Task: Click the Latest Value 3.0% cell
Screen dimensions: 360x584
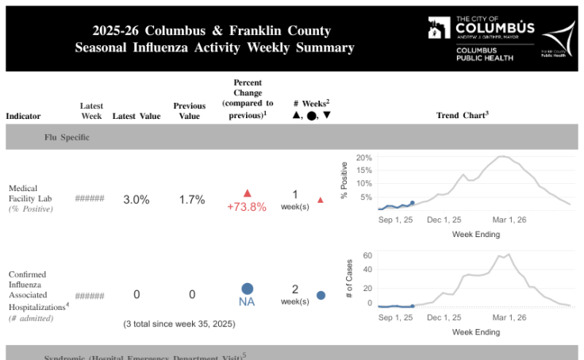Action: (136, 200)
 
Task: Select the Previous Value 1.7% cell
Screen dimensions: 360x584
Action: (191, 200)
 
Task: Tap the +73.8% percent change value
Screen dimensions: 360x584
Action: (247, 207)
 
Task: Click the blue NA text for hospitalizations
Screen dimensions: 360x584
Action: (247, 301)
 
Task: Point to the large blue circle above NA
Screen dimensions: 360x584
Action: (247, 289)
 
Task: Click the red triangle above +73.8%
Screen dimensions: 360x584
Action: (247, 193)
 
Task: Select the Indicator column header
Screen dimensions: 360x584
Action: (23, 116)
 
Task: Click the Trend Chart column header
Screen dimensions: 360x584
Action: (462, 115)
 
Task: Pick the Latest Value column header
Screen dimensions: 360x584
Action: (135, 116)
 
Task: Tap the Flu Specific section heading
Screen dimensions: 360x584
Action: (67, 137)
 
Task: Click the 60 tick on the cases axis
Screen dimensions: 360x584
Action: (367, 255)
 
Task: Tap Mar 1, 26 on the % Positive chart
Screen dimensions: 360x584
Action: (509, 219)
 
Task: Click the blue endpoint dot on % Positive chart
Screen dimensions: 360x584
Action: (412, 203)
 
